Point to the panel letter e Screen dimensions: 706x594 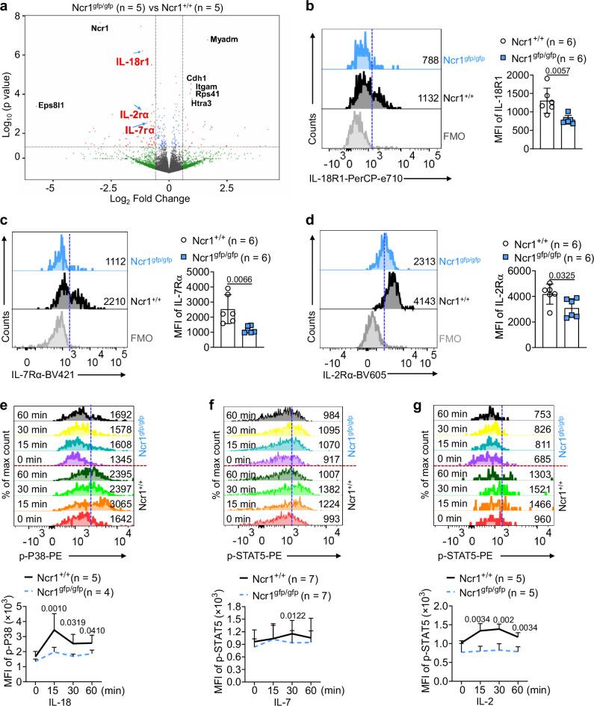tap(4, 406)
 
